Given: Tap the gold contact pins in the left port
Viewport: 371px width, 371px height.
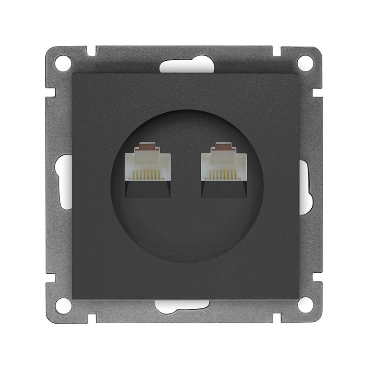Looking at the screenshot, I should [x=147, y=176].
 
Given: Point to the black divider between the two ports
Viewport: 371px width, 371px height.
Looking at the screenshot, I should [x=185, y=172].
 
